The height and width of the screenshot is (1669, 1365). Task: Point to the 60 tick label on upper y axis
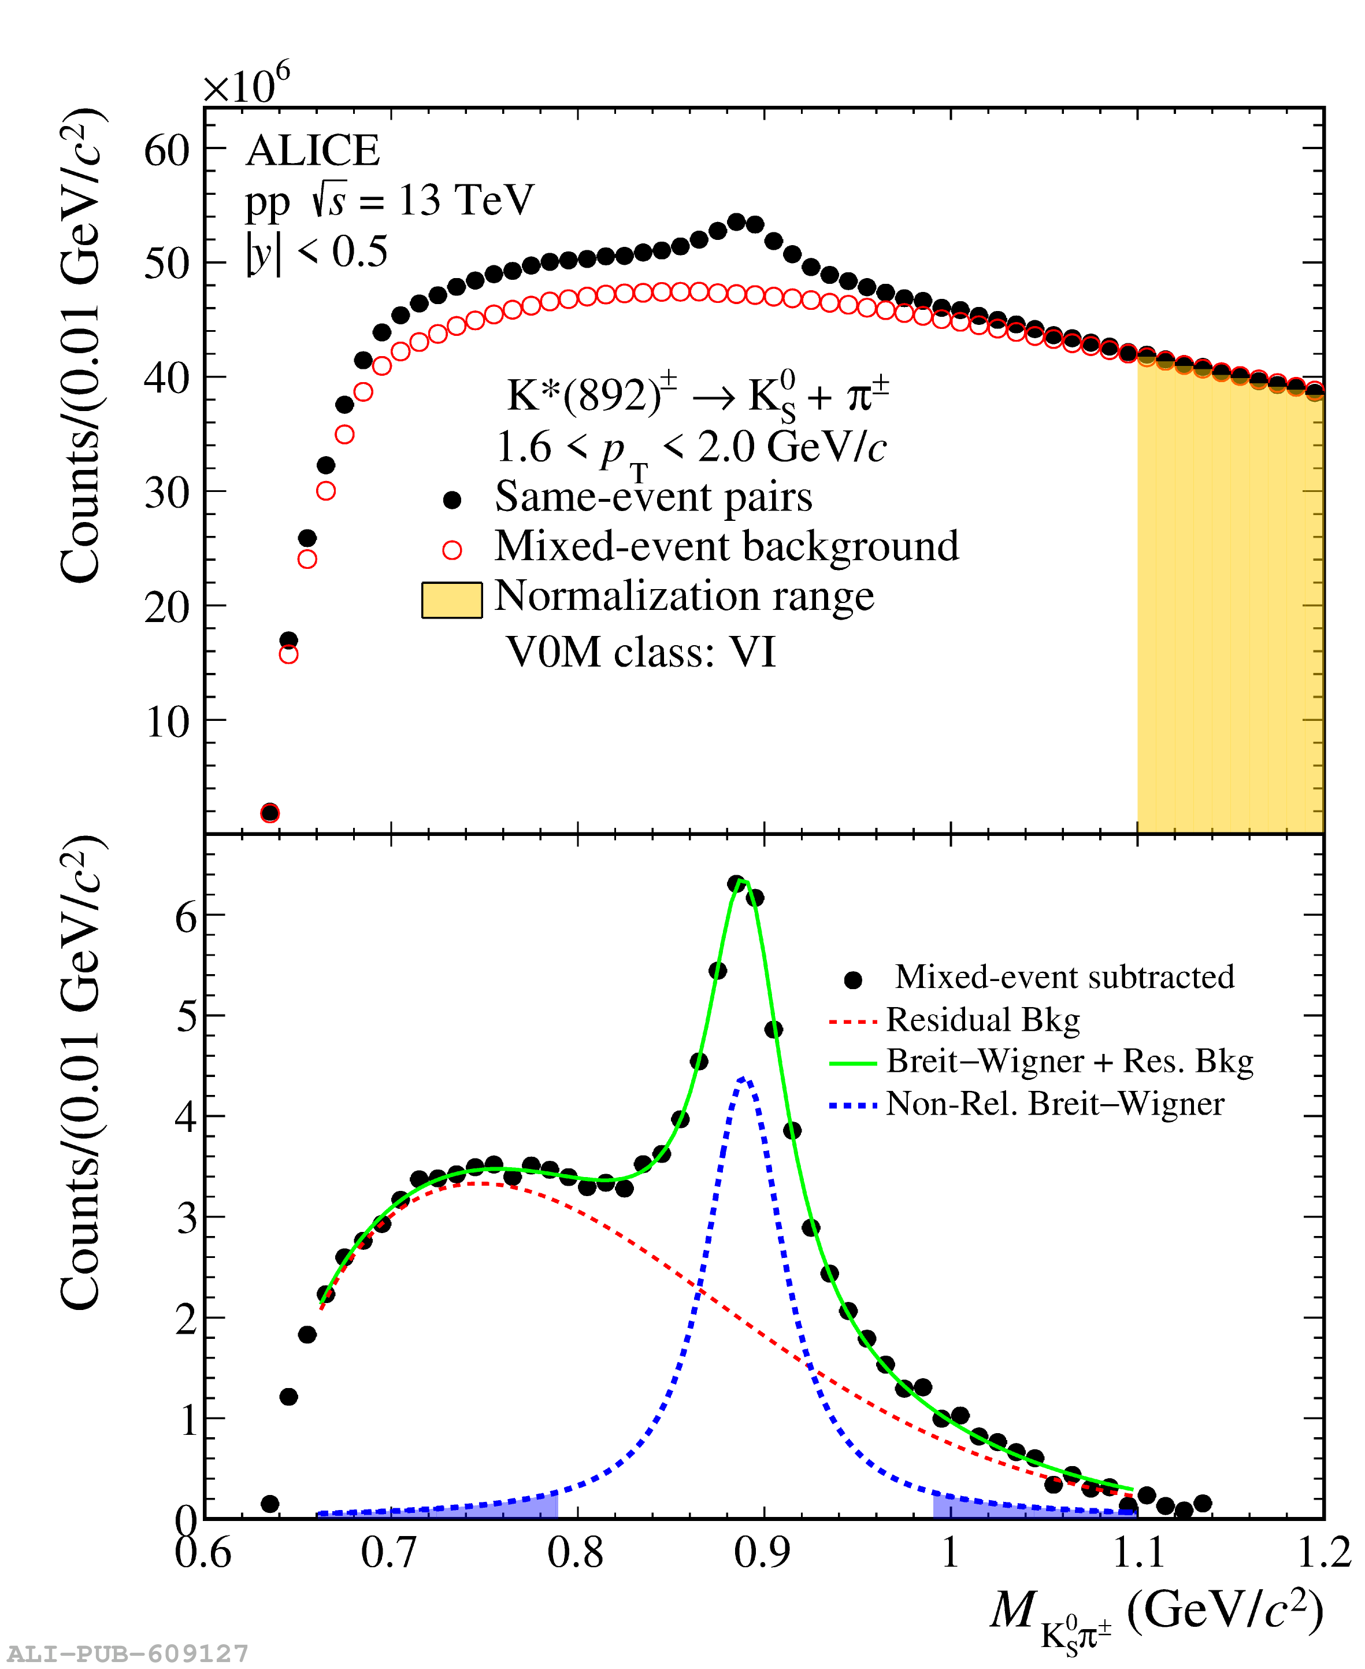[166, 149]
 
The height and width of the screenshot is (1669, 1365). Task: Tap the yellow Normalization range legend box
[451, 600]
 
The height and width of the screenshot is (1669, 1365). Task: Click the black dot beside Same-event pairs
[452, 499]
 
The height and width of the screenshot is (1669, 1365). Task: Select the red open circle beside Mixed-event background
[452, 550]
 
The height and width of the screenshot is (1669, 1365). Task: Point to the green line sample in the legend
[852, 1063]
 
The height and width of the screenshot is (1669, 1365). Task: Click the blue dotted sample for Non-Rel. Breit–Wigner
[852, 1106]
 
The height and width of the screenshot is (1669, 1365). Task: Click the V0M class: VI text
[641, 652]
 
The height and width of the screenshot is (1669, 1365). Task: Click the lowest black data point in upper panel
[270, 812]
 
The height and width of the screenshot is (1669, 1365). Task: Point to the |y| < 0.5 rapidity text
[317, 251]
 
